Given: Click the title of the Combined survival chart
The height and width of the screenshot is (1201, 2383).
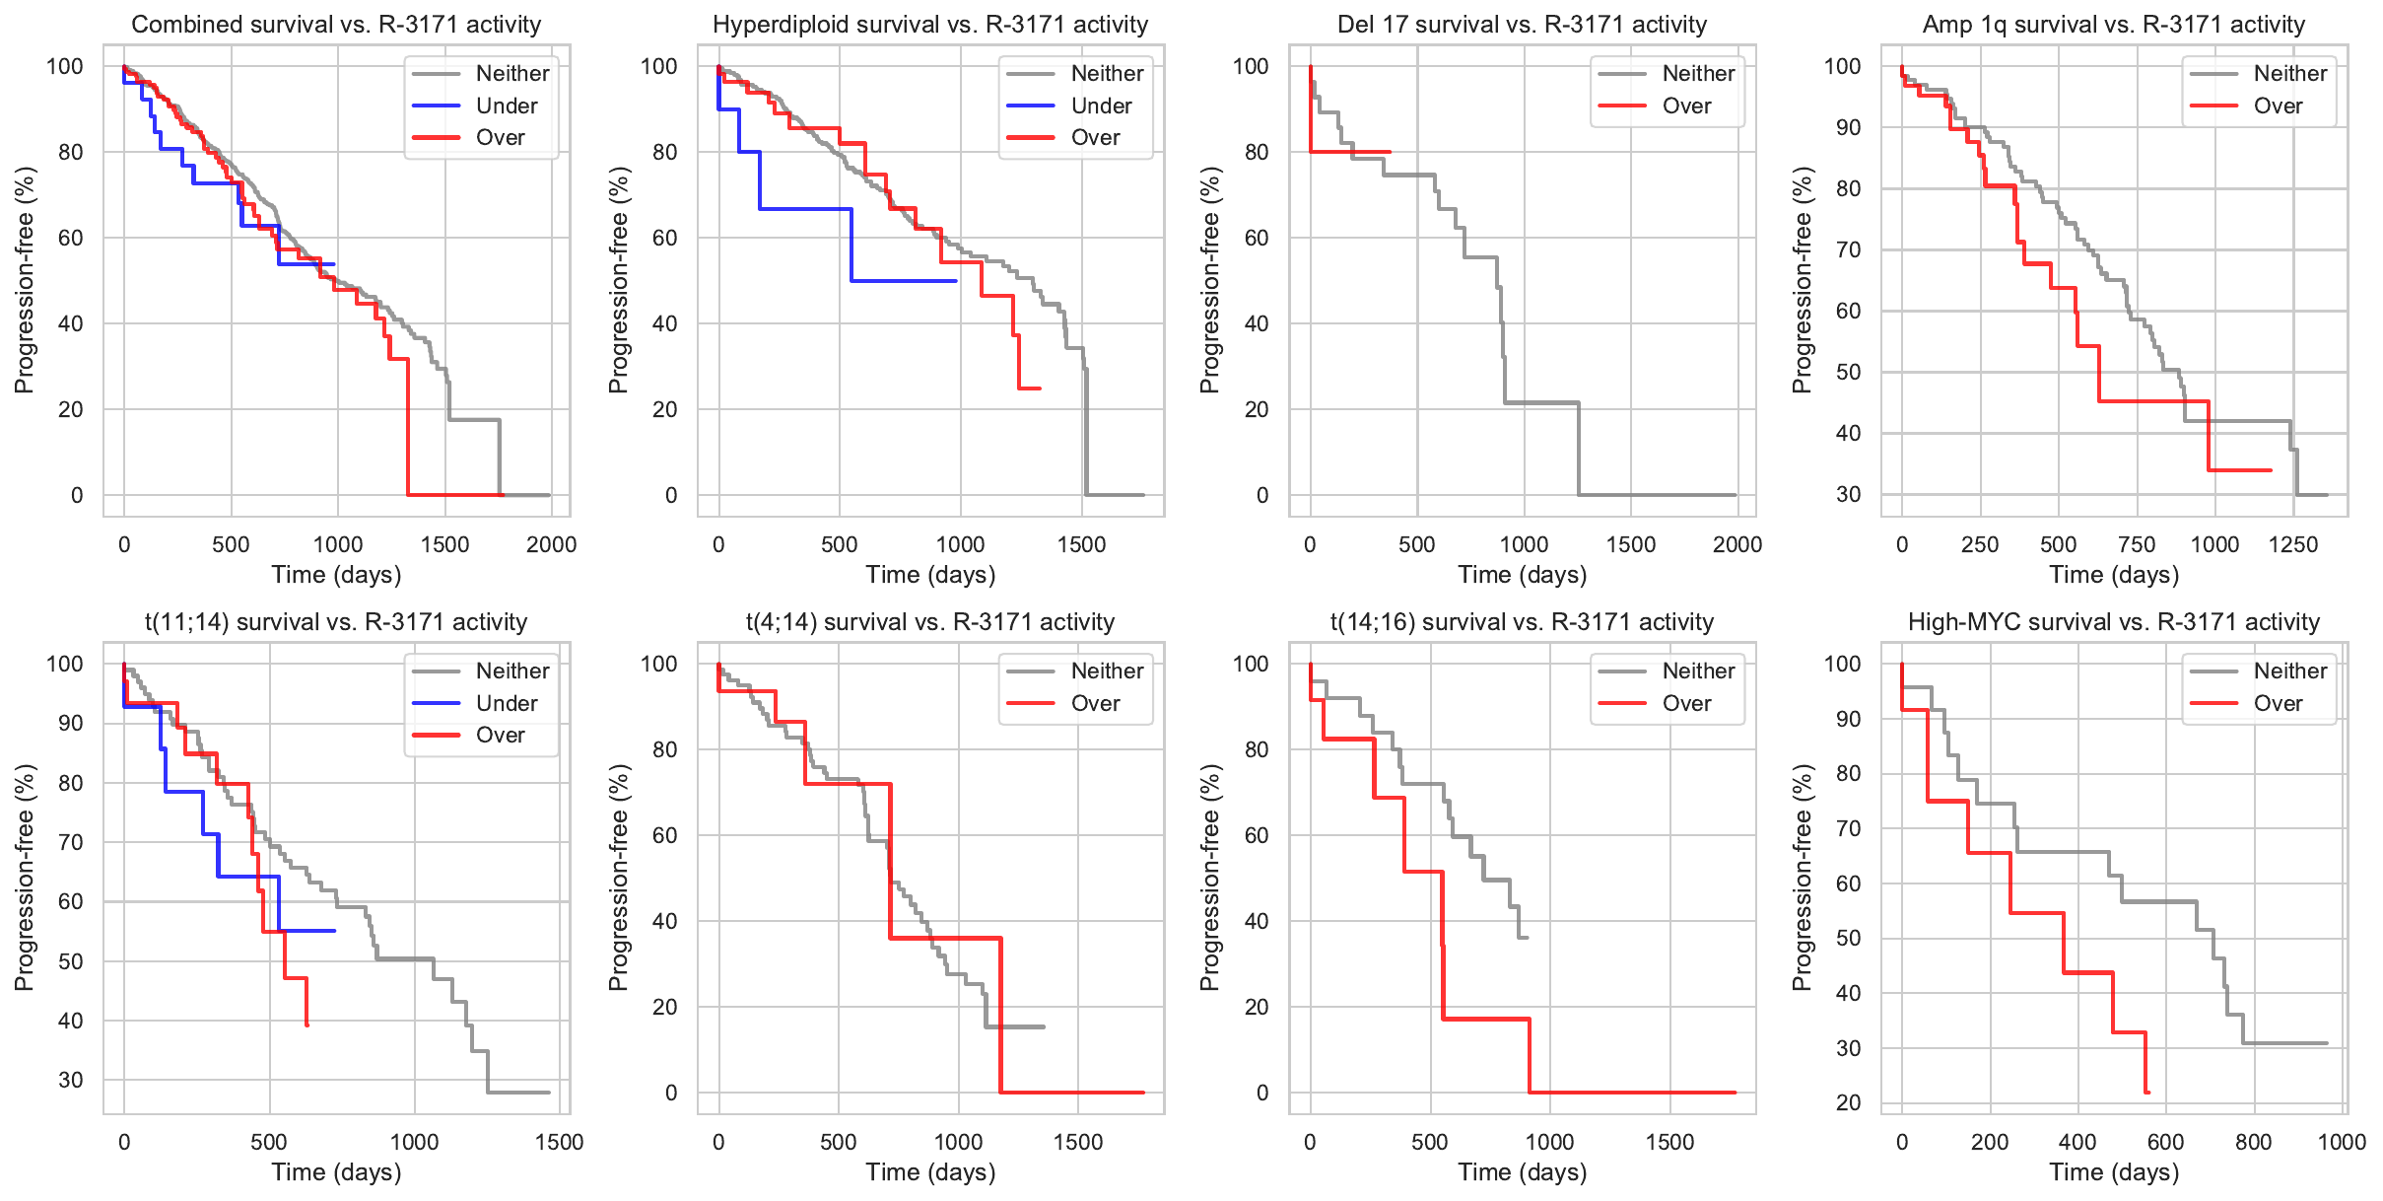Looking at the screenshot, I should [336, 25].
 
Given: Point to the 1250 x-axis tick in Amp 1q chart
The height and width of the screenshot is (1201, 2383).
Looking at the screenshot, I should [2292, 544].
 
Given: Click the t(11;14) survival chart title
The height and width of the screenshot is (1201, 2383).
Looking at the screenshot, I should [336, 622].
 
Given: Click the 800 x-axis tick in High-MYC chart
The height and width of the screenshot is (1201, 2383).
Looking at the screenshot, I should [2253, 1142].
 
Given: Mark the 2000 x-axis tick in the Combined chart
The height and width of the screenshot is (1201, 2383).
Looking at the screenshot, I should [551, 544].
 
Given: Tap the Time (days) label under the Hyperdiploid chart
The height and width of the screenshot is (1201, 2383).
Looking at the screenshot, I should [930, 575].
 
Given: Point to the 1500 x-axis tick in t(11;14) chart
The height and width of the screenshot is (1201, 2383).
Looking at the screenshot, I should [559, 1142].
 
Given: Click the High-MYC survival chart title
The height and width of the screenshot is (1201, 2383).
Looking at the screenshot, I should [2113, 622].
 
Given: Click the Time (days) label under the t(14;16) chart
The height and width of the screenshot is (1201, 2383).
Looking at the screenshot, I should [1522, 1172].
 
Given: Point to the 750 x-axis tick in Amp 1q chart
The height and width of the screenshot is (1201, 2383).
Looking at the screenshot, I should [2137, 544].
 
